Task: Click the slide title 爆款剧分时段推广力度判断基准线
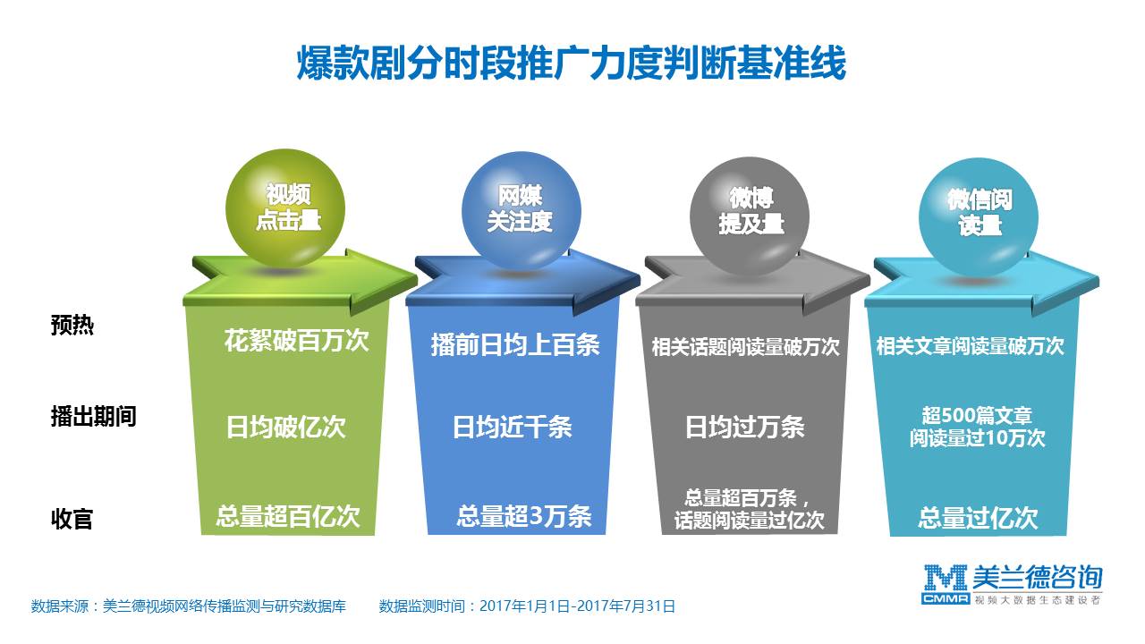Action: (x=571, y=63)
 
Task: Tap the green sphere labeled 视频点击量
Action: (x=285, y=208)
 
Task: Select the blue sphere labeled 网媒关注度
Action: (x=521, y=210)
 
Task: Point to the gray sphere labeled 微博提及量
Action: (x=750, y=216)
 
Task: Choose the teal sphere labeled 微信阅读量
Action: (x=979, y=216)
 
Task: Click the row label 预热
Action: (x=72, y=325)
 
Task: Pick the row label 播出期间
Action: (x=94, y=416)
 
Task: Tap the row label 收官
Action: (x=72, y=519)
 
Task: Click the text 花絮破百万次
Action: (x=296, y=341)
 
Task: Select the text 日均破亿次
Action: (x=285, y=427)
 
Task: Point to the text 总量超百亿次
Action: (x=288, y=516)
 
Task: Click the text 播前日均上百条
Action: (x=515, y=344)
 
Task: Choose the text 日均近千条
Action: (x=513, y=427)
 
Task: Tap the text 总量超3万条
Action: (x=524, y=516)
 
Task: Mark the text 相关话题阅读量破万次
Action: (x=745, y=347)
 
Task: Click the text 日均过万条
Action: (x=745, y=427)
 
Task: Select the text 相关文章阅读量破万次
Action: (x=970, y=346)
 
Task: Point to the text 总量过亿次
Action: (x=978, y=518)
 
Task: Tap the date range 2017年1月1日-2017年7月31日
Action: (x=577, y=606)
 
